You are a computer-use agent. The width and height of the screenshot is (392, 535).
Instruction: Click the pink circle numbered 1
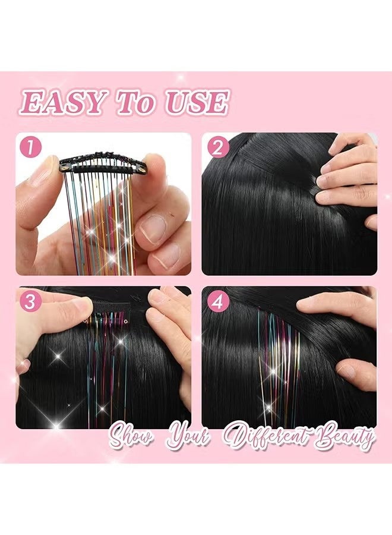[x=31, y=147]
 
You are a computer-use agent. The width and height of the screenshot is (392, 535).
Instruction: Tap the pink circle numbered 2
[x=217, y=147]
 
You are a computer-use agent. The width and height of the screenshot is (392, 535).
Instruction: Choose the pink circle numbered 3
[x=30, y=301]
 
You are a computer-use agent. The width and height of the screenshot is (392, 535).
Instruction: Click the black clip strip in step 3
[x=108, y=310]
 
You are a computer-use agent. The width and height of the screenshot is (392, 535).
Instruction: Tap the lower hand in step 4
[x=356, y=374]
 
